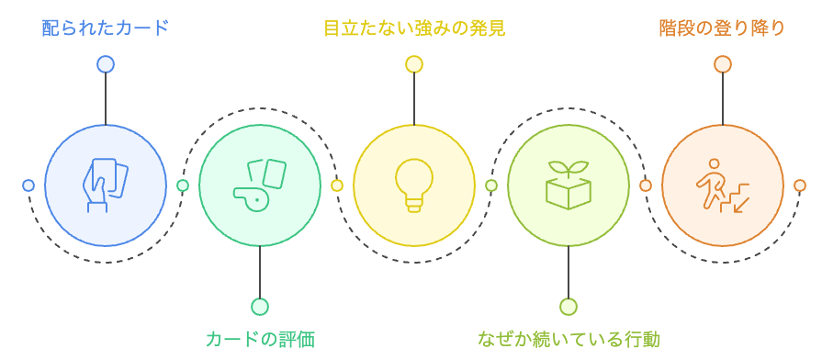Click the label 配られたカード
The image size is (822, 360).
(x=106, y=28)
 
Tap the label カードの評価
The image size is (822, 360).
(x=260, y=339)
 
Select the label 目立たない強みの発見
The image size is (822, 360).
(x=414, y=28)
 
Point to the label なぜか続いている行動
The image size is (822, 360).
(x=569, y=339)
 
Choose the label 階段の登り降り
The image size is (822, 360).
(x=723, y=28)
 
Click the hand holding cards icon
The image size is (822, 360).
(x=106, y=186)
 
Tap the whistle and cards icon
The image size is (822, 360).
(x=260, y=186)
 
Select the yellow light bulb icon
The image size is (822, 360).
(x=414, y=186)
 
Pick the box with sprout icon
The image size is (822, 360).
(x=569, y=186)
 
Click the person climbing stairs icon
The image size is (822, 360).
(x=723, y=186)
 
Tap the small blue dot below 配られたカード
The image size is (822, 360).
(x=106, y=64)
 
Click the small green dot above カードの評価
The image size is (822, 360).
(x=260, y=307)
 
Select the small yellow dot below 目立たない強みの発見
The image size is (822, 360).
(x=414, y=64)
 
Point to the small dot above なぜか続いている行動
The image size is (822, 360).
(x=569, y=307)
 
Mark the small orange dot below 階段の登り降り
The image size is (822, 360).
(x=723, y=64)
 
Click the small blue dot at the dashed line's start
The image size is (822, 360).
(x=28, y=186)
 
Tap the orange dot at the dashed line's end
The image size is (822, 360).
(x=800, y=186)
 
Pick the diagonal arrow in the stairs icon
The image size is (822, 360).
(x=741, y=204)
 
